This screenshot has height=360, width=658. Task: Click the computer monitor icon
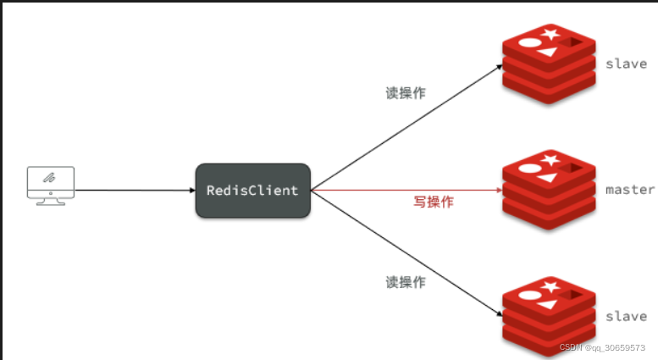(50, 186)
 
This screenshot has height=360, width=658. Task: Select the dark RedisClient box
(252, 191)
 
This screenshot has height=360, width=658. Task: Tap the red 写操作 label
(434, 202)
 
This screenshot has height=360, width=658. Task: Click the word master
(630, 189)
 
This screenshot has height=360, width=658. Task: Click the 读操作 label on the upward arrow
(406, 93)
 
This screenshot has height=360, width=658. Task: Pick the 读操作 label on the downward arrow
(406, 280)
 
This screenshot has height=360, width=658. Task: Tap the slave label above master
(626, 64)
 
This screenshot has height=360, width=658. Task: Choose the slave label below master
(626, 316)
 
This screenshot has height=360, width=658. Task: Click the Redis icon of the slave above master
(550, 63)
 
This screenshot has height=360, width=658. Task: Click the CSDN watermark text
(601, 347)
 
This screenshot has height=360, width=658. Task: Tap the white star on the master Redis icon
(551, 158)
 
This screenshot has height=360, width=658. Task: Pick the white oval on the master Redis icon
(528, 167)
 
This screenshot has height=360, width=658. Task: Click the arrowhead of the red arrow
(497, 191)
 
